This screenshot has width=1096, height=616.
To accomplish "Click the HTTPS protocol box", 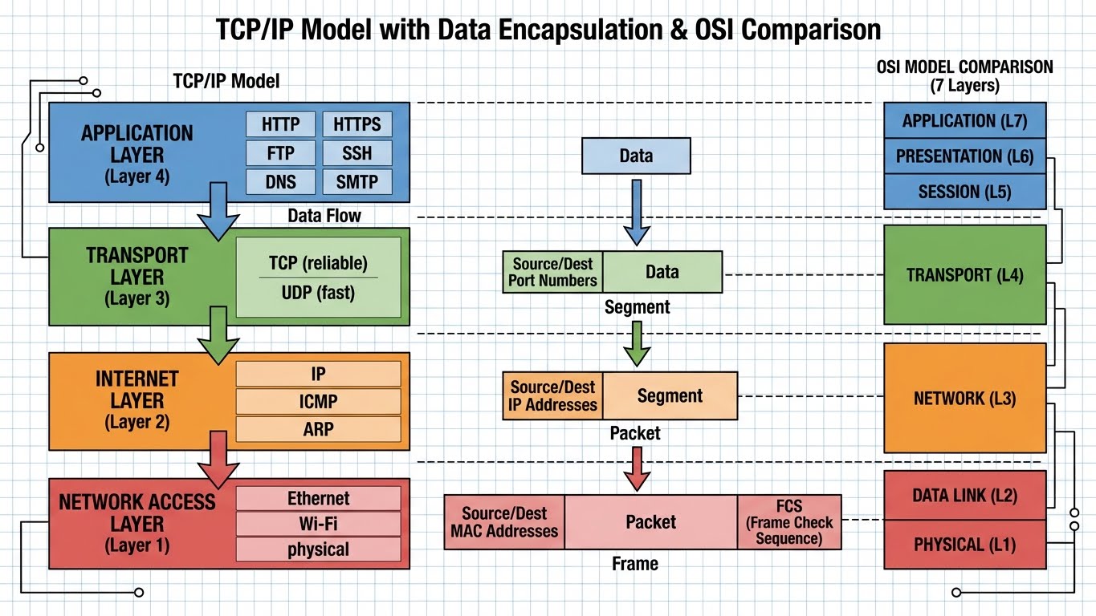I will (357, 124).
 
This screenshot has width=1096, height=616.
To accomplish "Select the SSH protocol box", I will (357, 153).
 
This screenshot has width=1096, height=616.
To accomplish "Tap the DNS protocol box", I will (280, 181).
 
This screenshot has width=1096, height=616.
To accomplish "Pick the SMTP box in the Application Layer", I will (357, 181).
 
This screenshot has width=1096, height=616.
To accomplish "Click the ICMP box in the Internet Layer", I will (318, 401).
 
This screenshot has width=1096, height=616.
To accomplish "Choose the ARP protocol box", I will (318, 428).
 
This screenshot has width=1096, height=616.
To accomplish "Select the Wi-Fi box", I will (318, 525).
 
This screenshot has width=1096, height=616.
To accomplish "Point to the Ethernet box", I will (318, 498).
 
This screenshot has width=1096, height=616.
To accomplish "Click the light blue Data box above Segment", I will (636, 156).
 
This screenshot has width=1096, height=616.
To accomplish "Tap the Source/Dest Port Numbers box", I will (552, 272).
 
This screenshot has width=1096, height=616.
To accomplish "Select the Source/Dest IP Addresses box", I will (552, 396).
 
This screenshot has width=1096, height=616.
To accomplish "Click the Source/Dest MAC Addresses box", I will (504, 522).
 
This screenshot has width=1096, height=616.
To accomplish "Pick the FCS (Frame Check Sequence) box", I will (789, 522).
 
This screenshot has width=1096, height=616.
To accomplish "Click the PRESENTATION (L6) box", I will (964, 156).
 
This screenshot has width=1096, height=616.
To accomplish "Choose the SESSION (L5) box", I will (964, 192).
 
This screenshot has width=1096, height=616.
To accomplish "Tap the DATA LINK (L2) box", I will (964, 496).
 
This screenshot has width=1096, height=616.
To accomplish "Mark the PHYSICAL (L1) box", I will (964, 545).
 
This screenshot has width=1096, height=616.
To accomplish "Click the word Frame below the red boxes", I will (634, 564).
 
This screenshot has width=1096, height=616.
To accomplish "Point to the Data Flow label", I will (324, 216).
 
